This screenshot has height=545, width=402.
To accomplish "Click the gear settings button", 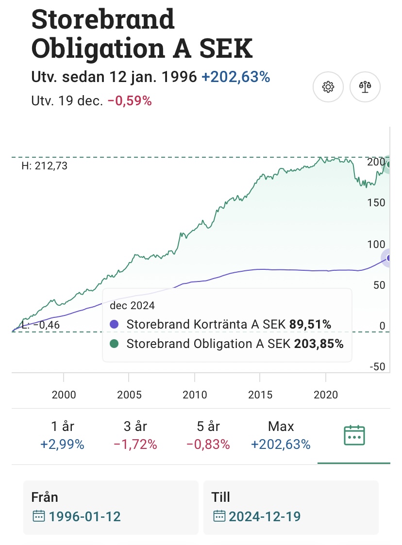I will click(x=328, y=87).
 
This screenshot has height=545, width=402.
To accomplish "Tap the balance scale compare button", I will click(x=365, y=87).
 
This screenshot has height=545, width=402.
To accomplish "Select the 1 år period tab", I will click(x=63, y=435).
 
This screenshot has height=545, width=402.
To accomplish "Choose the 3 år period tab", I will click(x=135, y=435).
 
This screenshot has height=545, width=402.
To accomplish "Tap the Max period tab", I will click(x=281, y=435).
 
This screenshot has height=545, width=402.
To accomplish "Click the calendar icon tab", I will click(x=354, y=435).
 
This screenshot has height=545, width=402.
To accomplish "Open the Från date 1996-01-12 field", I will click(x=111, y=508).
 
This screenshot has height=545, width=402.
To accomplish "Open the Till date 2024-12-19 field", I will click(x=291, y=508).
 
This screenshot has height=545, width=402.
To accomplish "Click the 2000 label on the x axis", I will click(x=64, y=394).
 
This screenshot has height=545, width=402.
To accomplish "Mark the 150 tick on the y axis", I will click(x=376, y=202).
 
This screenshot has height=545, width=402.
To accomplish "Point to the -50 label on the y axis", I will click(x=376, y=366).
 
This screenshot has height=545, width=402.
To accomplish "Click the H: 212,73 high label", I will click(x=45, y=166).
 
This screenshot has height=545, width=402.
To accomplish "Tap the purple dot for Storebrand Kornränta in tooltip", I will click(x=115, y=324).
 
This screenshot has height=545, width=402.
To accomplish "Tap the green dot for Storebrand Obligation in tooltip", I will click(x=115, y=344).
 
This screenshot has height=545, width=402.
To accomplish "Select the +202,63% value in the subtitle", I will click(x=235, y=77).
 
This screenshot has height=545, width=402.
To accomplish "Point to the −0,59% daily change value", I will click(x=130, y=101).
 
